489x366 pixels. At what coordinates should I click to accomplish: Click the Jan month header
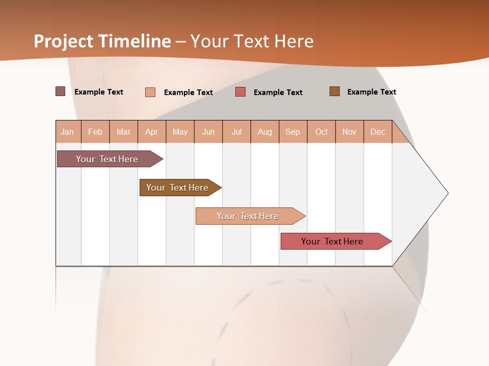coord(68,132)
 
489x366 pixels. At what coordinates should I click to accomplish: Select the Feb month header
coord(95,132)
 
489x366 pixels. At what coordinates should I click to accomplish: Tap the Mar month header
coord(123,132)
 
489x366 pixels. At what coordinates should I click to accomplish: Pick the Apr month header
coord(152,132)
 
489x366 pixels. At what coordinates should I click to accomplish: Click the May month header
coord(180,132)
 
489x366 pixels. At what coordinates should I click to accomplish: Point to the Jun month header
coord(208,132)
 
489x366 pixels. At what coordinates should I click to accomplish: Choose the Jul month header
coord(236,132)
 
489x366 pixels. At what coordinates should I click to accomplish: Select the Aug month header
coord(265,132)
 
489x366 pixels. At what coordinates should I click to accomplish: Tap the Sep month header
coord(293,132)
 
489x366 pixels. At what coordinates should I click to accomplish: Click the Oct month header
coord(321,132)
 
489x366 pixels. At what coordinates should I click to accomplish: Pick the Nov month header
coord(349,132)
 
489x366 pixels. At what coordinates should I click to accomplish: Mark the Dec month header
coord(378,132)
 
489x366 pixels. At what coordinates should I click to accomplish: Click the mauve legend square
coord(60,91)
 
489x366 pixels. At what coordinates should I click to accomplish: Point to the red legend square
coord(240,92)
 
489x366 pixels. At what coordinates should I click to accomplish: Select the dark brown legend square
coord(334,91)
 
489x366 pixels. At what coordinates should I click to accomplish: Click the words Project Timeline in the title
coord(102,41)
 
